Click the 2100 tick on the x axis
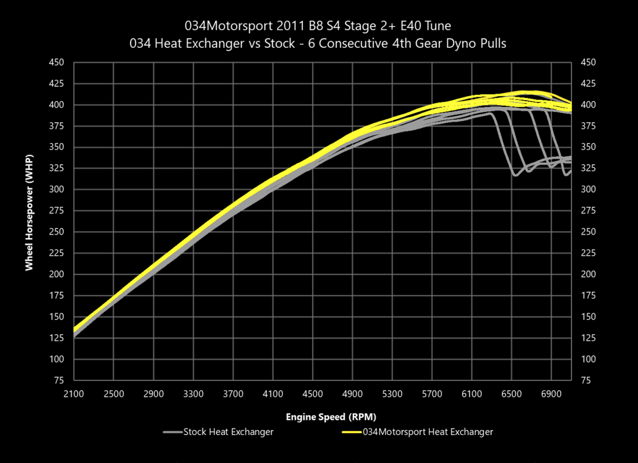point(74,394)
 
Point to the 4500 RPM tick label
point(312,394)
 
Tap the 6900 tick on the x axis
point(551,394)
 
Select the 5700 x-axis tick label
point(432,394)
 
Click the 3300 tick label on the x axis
point(193,394)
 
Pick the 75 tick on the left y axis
point(59,381)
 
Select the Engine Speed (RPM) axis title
point(322,418)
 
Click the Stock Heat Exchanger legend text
point(229,432)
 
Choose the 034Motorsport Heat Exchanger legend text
point(427,432)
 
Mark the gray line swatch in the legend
point(172,432)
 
